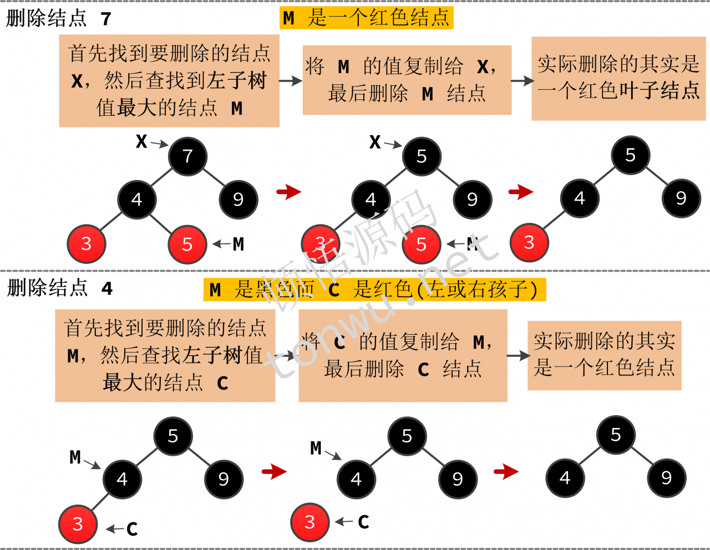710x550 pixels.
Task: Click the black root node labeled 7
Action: [187, 156]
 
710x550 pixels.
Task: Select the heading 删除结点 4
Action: [59, 288]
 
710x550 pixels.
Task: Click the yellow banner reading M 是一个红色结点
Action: [367, 18]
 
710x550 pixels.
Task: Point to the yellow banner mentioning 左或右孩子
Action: [374, 289]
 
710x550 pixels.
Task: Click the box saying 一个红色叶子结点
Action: [618, 78]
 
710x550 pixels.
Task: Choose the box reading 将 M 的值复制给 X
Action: [407, 80]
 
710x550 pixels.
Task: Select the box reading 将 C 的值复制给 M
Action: [403, 355]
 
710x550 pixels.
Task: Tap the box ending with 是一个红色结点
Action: [604, 355]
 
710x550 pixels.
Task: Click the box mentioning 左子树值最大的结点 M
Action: [169, 81]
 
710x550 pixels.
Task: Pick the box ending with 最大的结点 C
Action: [165, 355]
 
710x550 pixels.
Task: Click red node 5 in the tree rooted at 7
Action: [187, 244]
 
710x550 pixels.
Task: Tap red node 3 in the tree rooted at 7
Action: [86, 244]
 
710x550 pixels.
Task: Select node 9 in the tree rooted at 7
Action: [239, 199]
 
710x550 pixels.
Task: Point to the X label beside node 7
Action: [141, 141]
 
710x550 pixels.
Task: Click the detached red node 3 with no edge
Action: [310, 522]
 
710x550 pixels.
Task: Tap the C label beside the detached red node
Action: [364, 522]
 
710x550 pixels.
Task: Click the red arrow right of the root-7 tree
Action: [289, 192]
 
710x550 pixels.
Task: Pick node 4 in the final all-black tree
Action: [565, 478]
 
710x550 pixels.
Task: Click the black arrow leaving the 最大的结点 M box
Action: [290, 81]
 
